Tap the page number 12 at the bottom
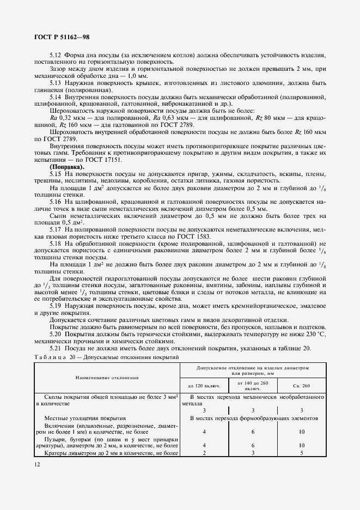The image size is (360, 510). (37, 464)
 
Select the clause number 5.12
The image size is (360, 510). (56, 56)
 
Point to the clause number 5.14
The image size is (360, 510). (56, 96)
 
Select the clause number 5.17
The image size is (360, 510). (56, 229)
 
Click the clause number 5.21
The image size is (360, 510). (56, 348)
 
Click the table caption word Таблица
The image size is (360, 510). (50, 357)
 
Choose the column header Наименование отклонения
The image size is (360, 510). (107, 377)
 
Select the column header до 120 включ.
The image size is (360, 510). (204, 385)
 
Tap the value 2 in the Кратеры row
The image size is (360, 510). (204, 452)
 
